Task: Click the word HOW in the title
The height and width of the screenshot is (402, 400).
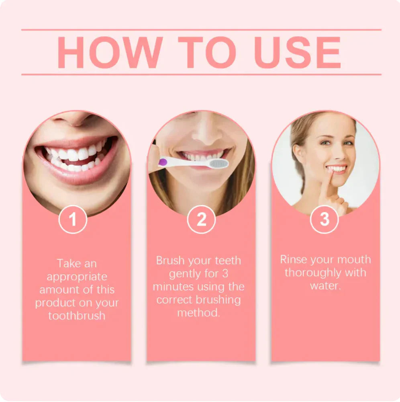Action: pos(110,53)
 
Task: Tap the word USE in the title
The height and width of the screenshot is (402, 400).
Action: pos(297,53)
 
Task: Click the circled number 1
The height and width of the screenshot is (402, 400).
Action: pos(73,219)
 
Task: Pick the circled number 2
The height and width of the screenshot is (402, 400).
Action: pos(201,219)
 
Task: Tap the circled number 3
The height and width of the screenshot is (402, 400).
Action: pos(324,219)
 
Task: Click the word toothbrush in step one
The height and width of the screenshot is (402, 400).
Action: pos(77,316)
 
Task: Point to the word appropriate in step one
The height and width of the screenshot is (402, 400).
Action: pos(77,277)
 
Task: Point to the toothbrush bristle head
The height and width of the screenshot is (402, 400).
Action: pos(219,163)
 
